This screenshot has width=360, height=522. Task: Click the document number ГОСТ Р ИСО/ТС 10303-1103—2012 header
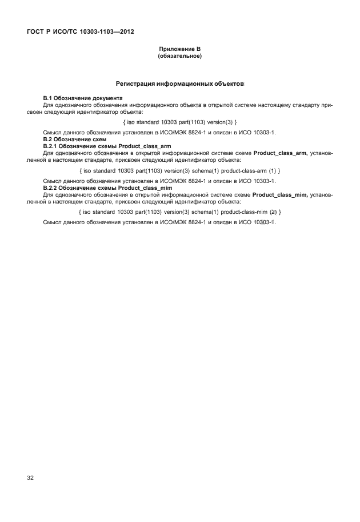click(x=80, y=31)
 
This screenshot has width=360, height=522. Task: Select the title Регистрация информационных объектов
click(x=180, y=83)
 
